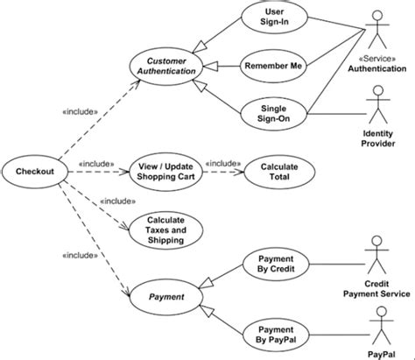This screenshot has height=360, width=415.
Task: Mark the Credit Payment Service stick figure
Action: [378, 256]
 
